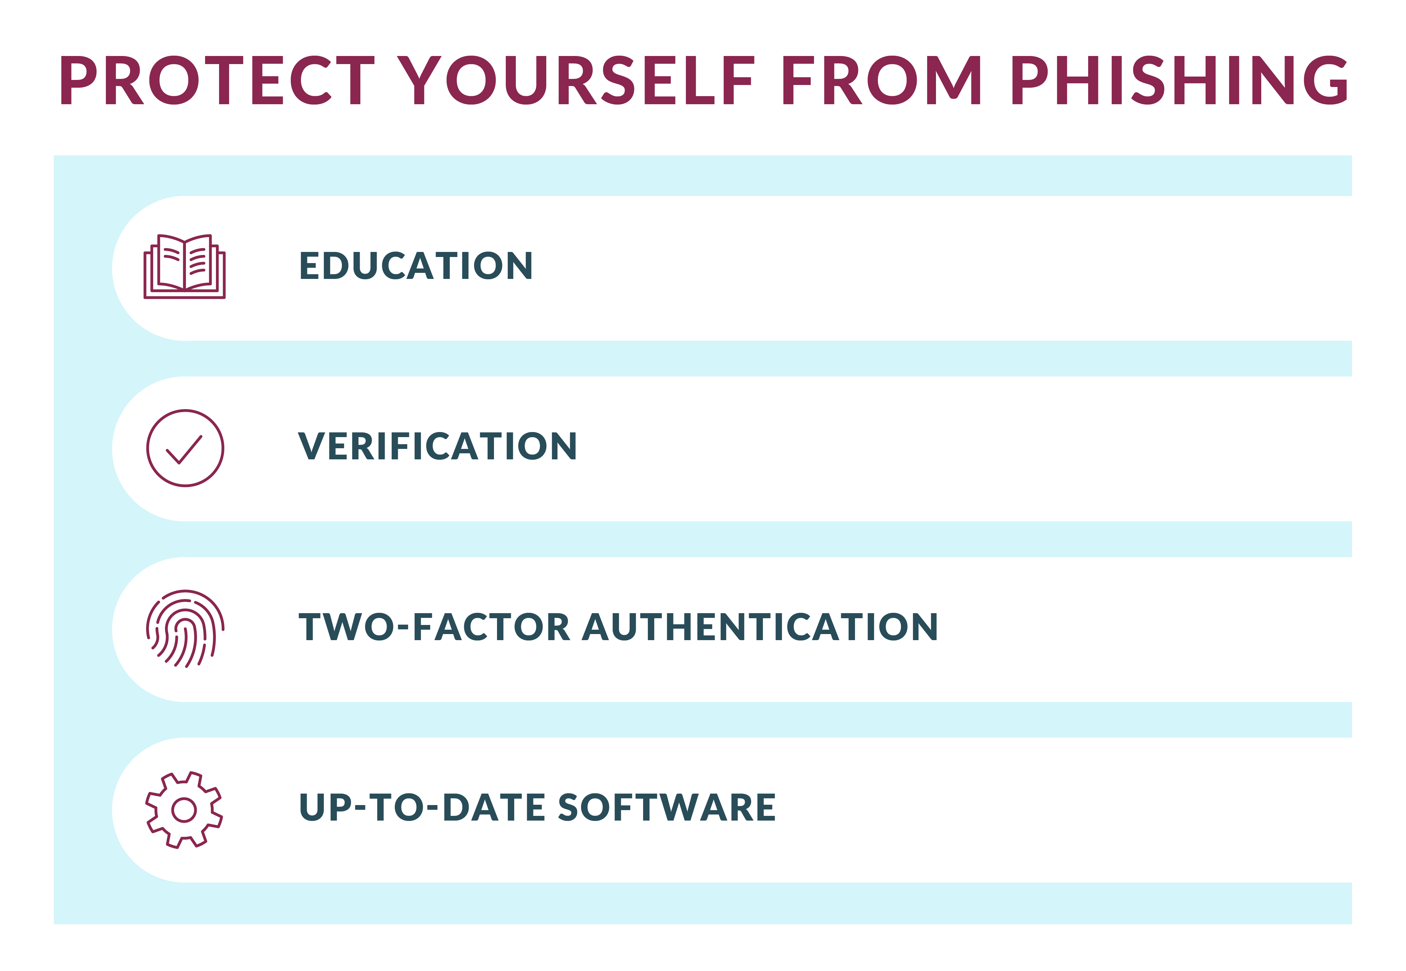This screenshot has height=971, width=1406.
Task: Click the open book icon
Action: click(x=185, y=266)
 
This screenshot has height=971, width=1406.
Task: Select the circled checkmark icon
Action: click(x=185, y=448)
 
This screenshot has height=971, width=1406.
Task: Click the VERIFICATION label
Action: click(x=438, y=447)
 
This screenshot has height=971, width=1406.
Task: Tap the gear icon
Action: click(x=185, y=810)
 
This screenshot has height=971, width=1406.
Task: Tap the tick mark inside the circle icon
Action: click(x=184, y=450)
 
